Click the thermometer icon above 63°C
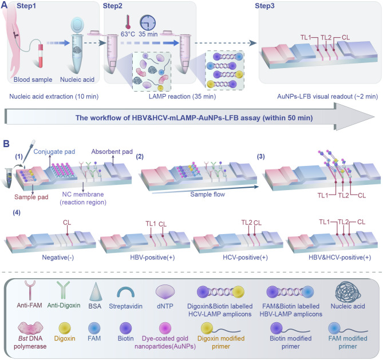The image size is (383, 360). click(x=128, y=23)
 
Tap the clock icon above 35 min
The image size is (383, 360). click(x=148, y=23)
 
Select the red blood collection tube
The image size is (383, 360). click(x=41, y=56)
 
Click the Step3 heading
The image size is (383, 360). click(x=264, y=6)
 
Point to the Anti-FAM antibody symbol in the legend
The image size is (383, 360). click(x=30, y=290)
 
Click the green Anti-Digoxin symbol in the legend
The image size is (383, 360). click(x=63, y=290)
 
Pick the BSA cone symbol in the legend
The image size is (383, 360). click(x=94, y=291)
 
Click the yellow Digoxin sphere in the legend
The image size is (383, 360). click(x=65, y=329)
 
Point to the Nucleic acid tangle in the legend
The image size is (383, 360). click(x=348, y=292)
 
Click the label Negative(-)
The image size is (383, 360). click(x=58, y=258)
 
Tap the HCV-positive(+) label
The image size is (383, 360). click(x=245, y=258)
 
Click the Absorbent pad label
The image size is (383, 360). click(x=112, y=152)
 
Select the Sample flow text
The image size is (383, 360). click(x=208, y=195)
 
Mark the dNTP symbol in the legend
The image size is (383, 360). click(x=165, y=291)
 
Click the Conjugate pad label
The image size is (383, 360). click(x=54, y=152)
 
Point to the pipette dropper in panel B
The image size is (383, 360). click(x=29, y=152)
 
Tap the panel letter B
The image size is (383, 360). click(x=6, y=144)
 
